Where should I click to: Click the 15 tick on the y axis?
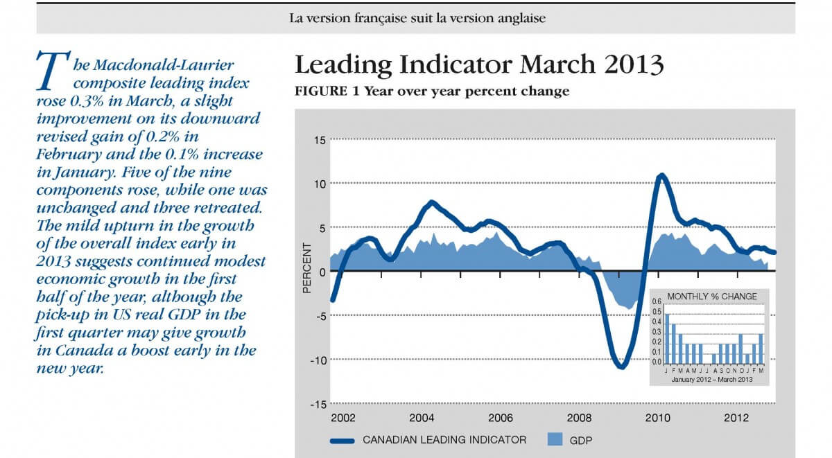pyautogui.click(x=320, y=141)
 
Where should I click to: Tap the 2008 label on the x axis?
pyautogui.click(x=578, y=418)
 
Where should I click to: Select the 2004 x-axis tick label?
pyautogui.click(x=422, y=418)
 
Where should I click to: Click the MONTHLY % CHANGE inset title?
pyautogui.click(x=711, y=297)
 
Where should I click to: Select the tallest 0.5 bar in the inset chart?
pyautogui.click(x=668, y=337)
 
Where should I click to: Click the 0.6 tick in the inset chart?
pyautogui.click(x=657, y=303)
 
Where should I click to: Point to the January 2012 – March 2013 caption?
pyautogui.click(x=711, y=378)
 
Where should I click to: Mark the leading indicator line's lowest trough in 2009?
pyautogui.click(x=621, y=367)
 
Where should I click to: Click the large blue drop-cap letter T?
pyautogui.click(x=51, y=70)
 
